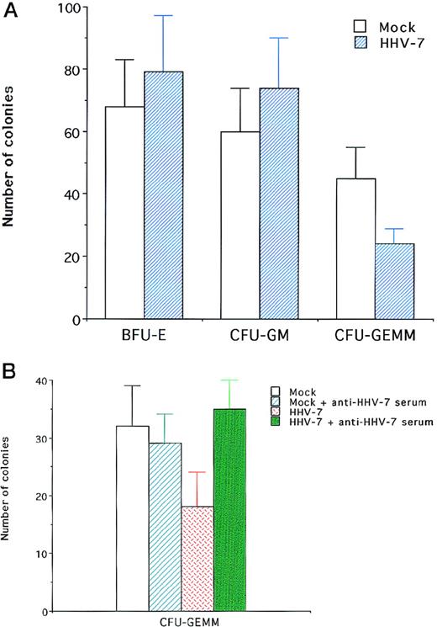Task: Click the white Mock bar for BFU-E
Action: pyautogui.click(x=124, y=212)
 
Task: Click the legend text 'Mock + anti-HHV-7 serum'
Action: pyautogui.click(x=340, y=401)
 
